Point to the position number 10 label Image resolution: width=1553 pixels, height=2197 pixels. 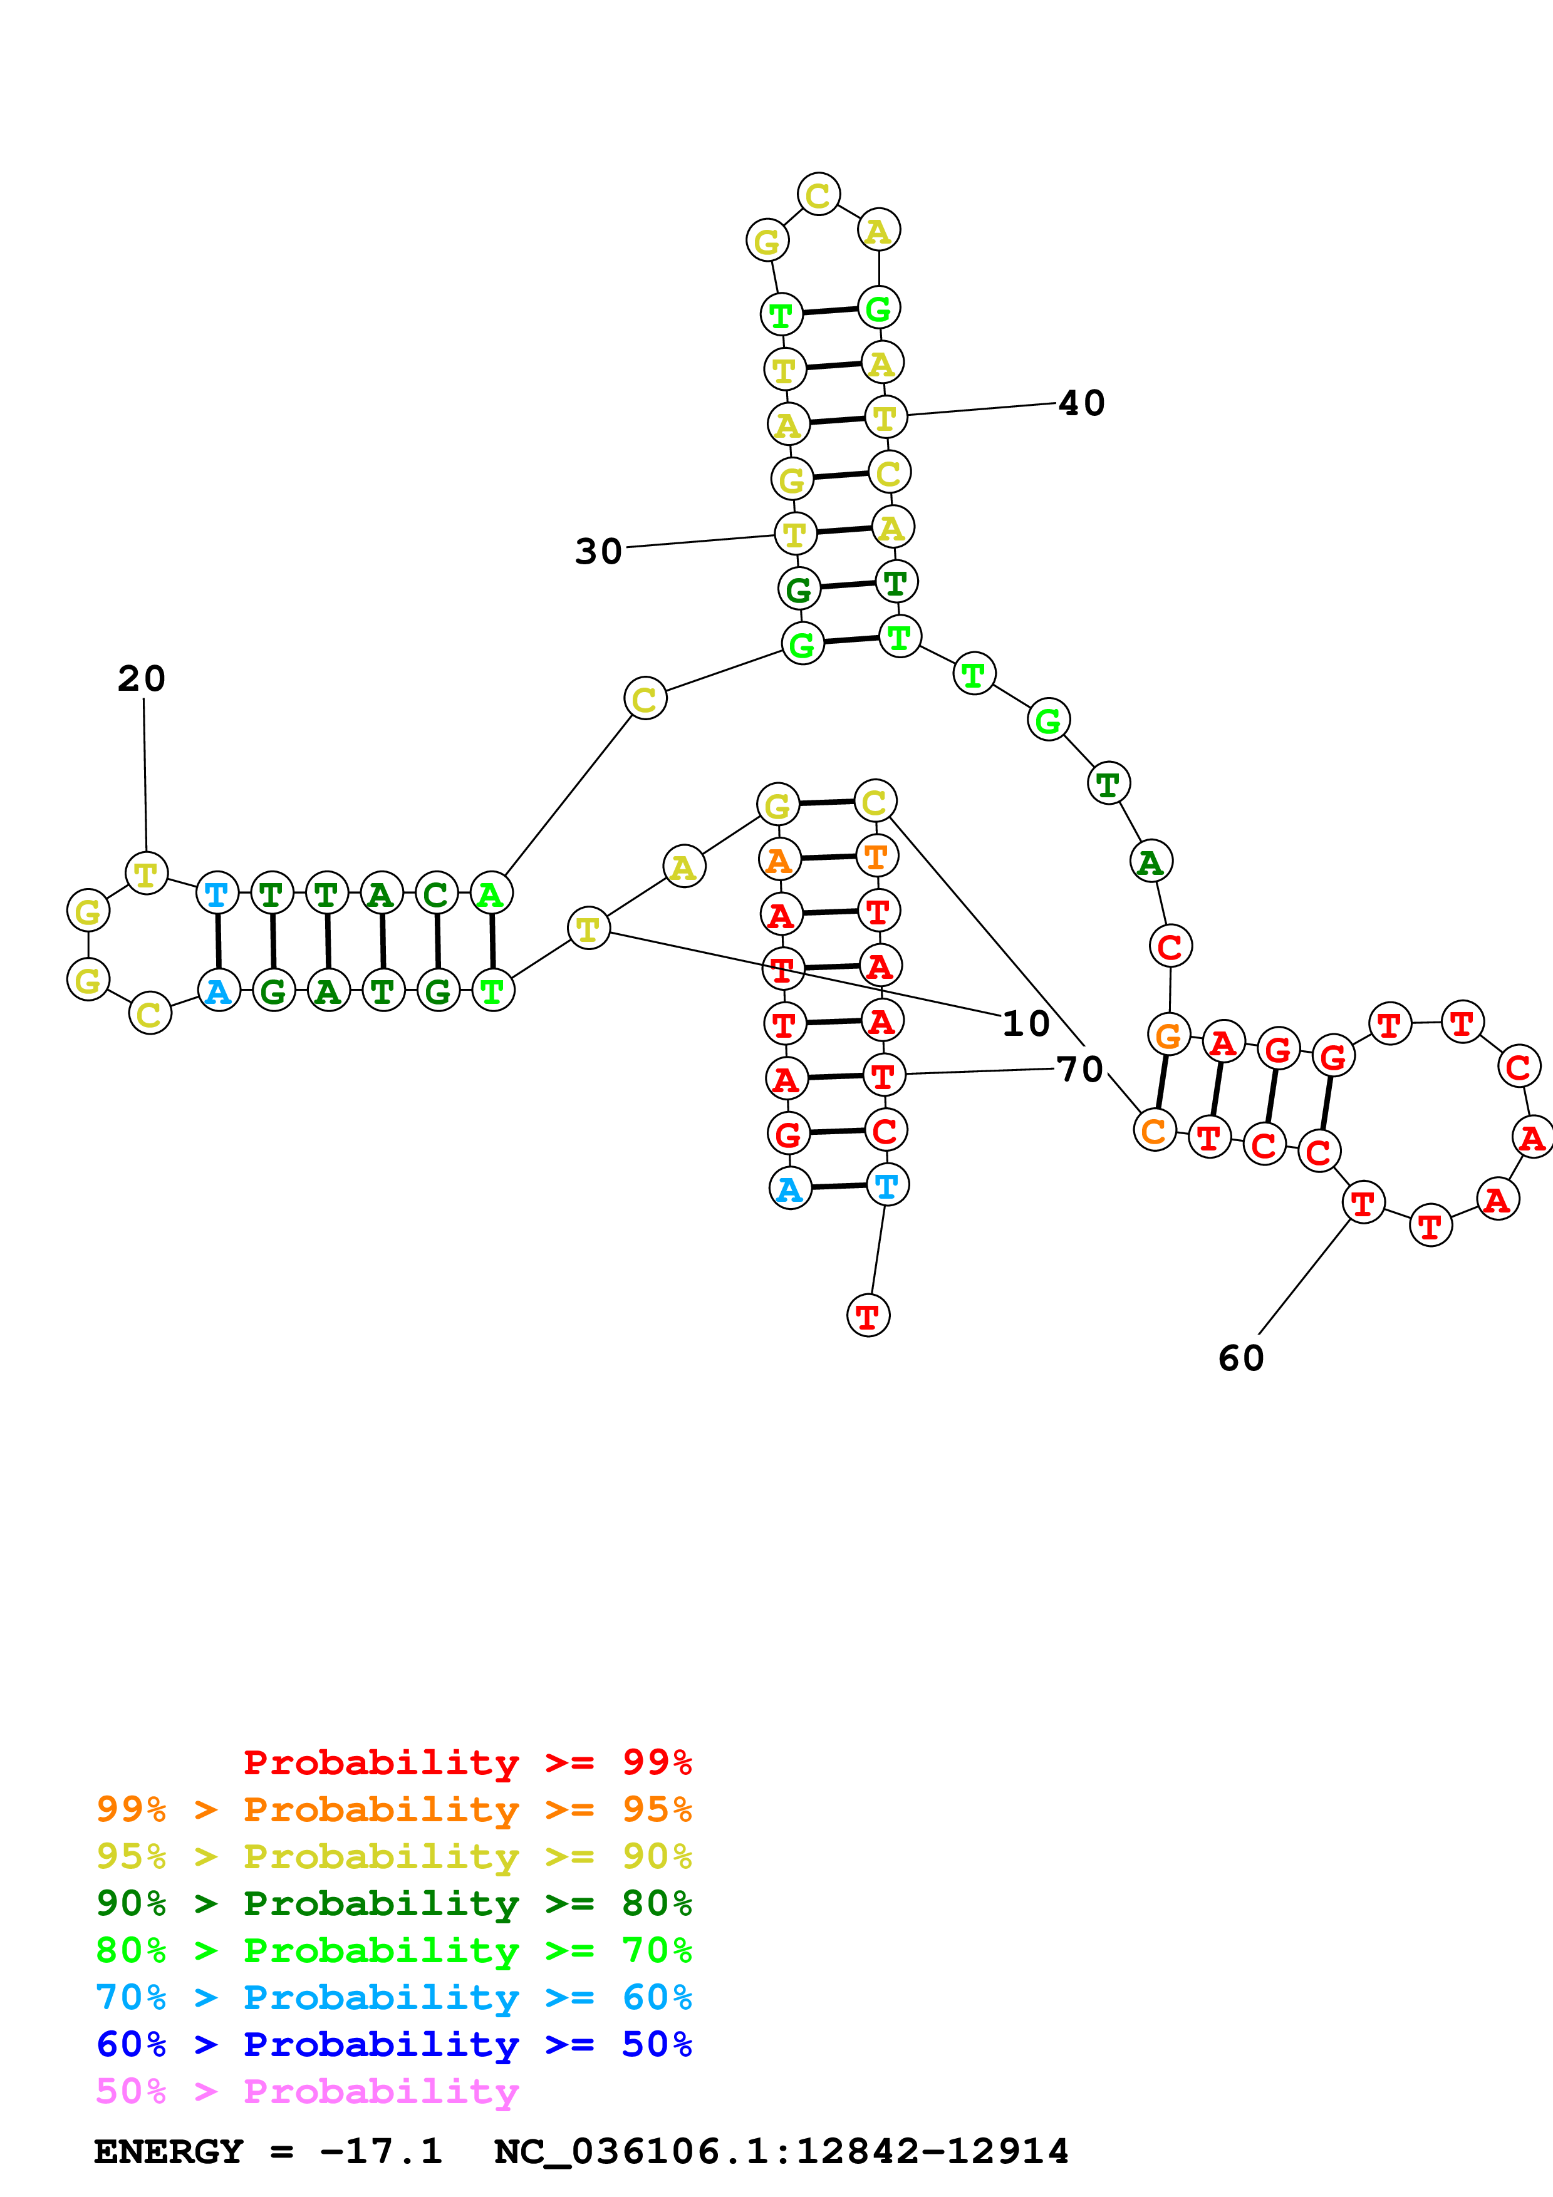pyautogui.click(x=1026, y=1024)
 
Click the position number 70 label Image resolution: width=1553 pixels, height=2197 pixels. pyautogui.click(x=1080, y=1069)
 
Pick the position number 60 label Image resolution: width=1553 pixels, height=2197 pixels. pyautogui.click(x=1241, y=1358)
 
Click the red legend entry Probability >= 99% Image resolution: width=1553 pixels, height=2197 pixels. pyautogui.click(x=467, y=1762)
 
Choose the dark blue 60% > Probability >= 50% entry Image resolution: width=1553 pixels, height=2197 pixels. pyautogui.click(x=393, y=2044)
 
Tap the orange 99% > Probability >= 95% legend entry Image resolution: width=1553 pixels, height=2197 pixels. pyautogui.click(x=393, y=1809)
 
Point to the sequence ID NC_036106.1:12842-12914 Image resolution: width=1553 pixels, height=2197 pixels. pyautogui.click(x=781, y=2151)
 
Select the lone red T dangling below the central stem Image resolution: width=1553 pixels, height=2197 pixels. pyautogui.click(x=868, y=1316)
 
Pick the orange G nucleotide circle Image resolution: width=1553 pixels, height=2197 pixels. pyautogui.click(x=1168, y=1035)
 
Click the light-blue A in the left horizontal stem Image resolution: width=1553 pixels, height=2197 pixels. pyautogui.click(x=218, y=990)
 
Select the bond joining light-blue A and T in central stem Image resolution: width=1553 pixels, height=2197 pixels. pyautogui.click(x=838, y=1187)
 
